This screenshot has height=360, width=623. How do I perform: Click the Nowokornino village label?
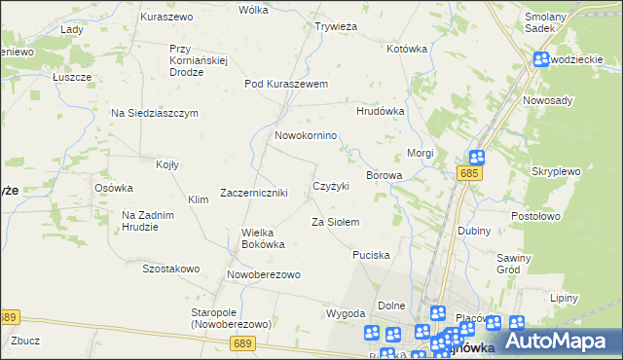click(x=306, y=136)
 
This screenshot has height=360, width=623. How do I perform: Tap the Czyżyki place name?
click(x=330, y=186)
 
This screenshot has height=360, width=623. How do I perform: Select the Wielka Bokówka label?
click(x=263, y=238)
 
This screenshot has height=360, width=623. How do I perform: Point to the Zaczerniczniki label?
click(x=254, y=193)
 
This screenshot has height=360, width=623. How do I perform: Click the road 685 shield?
click(x=470, y=173)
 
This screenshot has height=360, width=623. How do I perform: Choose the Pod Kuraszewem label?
click(x=286, y=84)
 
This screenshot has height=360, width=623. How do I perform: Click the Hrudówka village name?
click(x=380, y=111)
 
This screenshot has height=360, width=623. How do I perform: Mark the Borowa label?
click(x=384, y=175)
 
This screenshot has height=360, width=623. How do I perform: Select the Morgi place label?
click(x=420, y=154)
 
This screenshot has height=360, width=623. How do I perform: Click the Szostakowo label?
click(x=171, y=269)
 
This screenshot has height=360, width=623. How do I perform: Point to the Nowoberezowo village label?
click(x=264, y=275)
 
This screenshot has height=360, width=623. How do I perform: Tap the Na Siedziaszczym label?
click(x=155, y=113)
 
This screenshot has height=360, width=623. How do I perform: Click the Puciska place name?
click(x=371, y=255)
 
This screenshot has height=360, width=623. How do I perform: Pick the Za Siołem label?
click(x=336, y=223)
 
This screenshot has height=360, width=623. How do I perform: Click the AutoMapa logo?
click(x=563, y=341)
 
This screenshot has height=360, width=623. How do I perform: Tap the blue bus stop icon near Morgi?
click(x=476, y=158)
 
